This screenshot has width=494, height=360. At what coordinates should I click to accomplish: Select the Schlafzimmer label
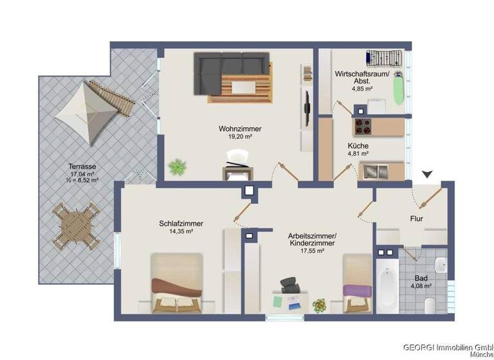[x=181, y=224]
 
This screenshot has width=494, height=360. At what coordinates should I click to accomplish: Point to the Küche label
[x=358, y=146]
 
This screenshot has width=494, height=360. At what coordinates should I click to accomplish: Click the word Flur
[x=416, y=219]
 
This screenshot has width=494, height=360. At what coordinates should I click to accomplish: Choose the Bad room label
[x=421, y=278]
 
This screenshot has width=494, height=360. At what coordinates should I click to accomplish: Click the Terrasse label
[x=83, y=166]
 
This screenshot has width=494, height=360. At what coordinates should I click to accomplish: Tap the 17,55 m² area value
[x=311, y=251]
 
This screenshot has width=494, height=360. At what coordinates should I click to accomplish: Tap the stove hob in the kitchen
[x=360, y=125]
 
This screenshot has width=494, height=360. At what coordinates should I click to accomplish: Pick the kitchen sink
[x=373, y=171]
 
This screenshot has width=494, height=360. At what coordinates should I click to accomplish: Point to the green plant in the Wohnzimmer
[x=176, y=168]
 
